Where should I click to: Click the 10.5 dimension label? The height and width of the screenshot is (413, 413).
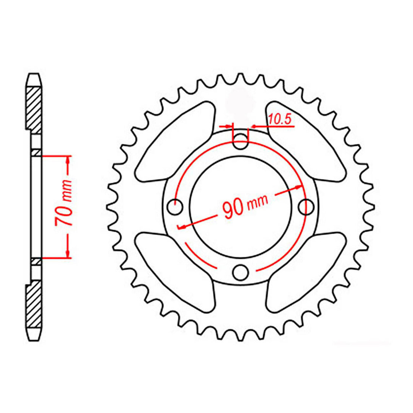(280, 120)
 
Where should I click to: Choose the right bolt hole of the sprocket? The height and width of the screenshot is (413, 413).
(306, 207)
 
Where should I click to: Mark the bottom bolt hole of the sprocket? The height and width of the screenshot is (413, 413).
(241, 272)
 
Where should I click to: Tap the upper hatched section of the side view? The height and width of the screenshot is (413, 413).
(34, 109)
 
